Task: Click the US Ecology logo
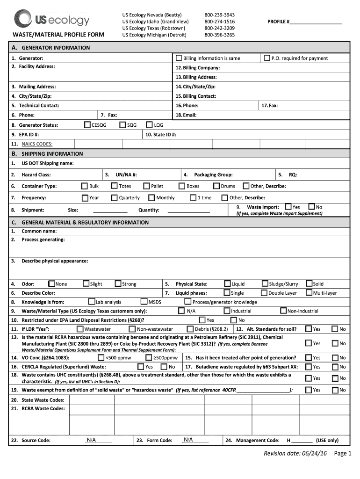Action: pos(51,19)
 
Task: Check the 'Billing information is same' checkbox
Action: pos(179,58)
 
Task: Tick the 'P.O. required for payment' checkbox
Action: pos(267,58)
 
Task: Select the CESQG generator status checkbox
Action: pos(87,125)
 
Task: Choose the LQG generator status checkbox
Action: pos(150,125)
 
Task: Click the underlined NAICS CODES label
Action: pos(37,144)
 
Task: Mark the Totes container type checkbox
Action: pos(114,186)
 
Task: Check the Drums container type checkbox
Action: pos(224,186)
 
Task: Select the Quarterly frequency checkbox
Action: pos(114,197)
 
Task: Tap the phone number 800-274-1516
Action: pos(219,22)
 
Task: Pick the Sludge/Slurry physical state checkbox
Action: pos(265,283)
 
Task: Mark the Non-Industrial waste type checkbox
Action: pos(283,311)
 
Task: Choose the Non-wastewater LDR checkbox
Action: pos(132,329)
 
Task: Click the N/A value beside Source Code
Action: pos(91,440)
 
